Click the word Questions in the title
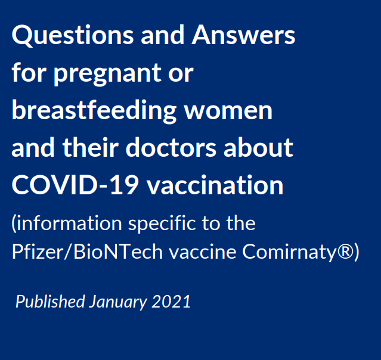(x=72, y=35)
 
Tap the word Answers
(x=243, y=35)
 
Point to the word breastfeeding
(x=94, y=110)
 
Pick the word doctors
(x=171, y=147)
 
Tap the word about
(x=259, y=147)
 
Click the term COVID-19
(x=75, y=185)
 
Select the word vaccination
(x=215, y=185)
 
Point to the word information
(x=69, y=223)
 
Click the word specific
(x=162, y=224)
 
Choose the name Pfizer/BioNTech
(x=87, y=252)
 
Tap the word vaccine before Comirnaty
(x=203, y=252)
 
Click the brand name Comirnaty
(x=290, y=252)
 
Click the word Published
(x=50, y=302)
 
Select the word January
(x=118, y=302)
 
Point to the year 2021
(x=171, y=302)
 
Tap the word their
(x=91, y=147)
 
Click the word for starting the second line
(x=29, y=72)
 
